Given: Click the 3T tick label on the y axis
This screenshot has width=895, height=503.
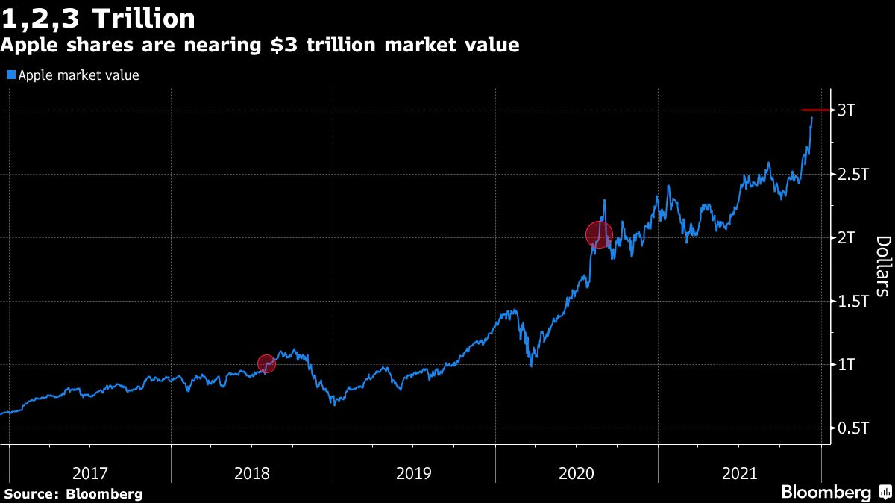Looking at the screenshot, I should click(846, 110).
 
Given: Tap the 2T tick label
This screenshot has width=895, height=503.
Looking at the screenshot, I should click(846, 237).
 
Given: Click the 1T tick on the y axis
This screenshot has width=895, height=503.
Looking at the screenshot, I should click(846, 365).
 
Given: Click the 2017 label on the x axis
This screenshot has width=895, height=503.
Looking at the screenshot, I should click(90, 473).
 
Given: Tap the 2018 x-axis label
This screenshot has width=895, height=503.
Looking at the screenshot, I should click(252, 473).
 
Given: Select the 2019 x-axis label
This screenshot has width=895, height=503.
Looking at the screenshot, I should click(415, 473).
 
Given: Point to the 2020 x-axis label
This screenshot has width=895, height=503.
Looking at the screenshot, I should click(577, 473).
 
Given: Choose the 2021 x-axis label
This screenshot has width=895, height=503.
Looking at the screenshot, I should click(740, 473).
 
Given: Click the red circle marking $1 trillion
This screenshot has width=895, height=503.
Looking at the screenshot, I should click(266, 363).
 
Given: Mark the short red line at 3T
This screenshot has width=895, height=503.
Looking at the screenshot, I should click(814, 110).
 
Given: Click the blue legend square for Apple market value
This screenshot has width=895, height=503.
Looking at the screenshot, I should click(10, 75).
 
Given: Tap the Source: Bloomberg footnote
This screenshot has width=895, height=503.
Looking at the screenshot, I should click(72, 493).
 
